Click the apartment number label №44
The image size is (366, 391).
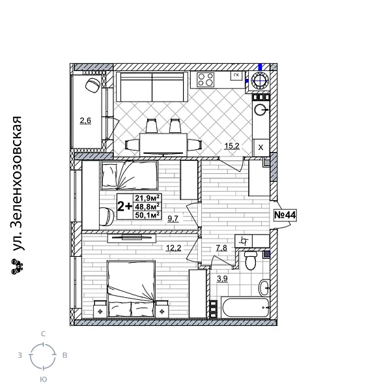(285, 215)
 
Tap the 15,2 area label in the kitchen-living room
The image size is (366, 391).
(232, 146)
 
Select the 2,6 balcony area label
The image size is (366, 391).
(85, 120)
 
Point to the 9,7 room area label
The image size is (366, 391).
(173, 218)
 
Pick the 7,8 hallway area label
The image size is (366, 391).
(221, 248)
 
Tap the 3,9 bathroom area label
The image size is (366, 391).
(221, 278)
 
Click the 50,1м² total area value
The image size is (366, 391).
(147, 214)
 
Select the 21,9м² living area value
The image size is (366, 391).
(147, 197)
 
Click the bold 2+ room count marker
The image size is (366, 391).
(124, 206)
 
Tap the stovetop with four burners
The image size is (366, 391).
(206, 80)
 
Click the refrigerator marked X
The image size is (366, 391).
(260, 147)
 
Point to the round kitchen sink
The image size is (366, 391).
(260, 109)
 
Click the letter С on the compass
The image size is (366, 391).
(43, 334)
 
